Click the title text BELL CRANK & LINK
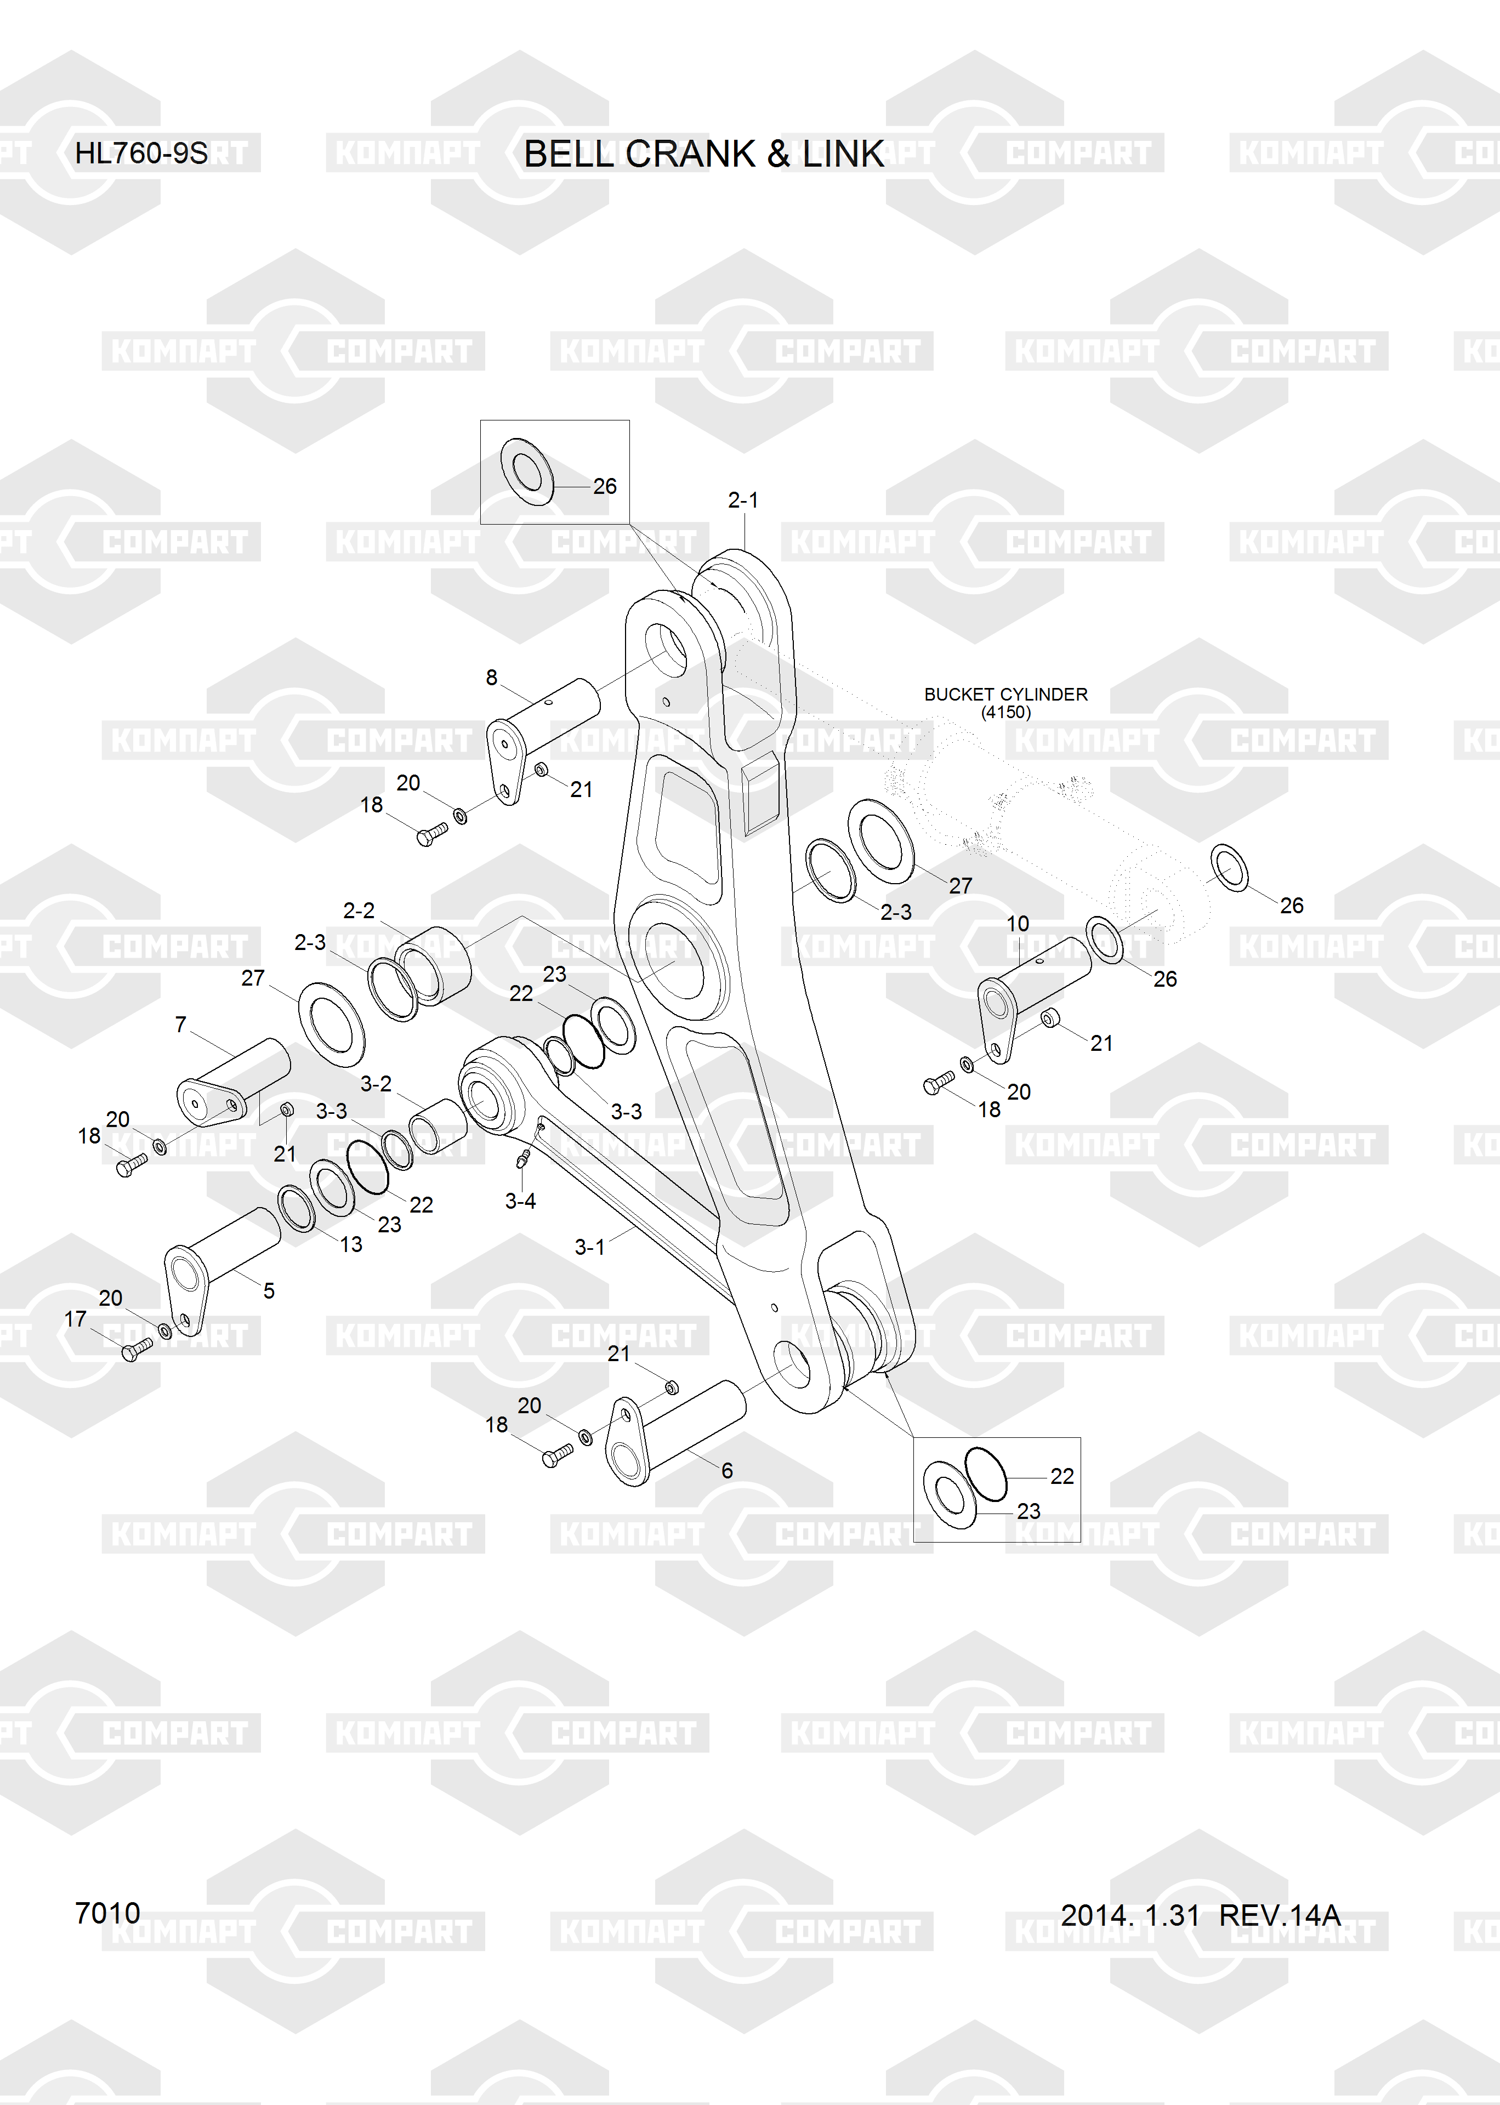[x=704, y=154]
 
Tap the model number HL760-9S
[x=141, y=153]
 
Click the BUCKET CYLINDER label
[x=1006, y=695]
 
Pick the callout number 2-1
[x=743, y=500]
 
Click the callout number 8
[x=491, y=678]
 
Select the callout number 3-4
[x=520, y=1201]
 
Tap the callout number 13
[x=351, y=1244]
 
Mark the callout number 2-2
[x=359, y=911]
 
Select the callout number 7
[x=180, y=1025]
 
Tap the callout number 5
[x=269, y=1291]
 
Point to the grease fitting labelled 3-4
[x=524, y=1157]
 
